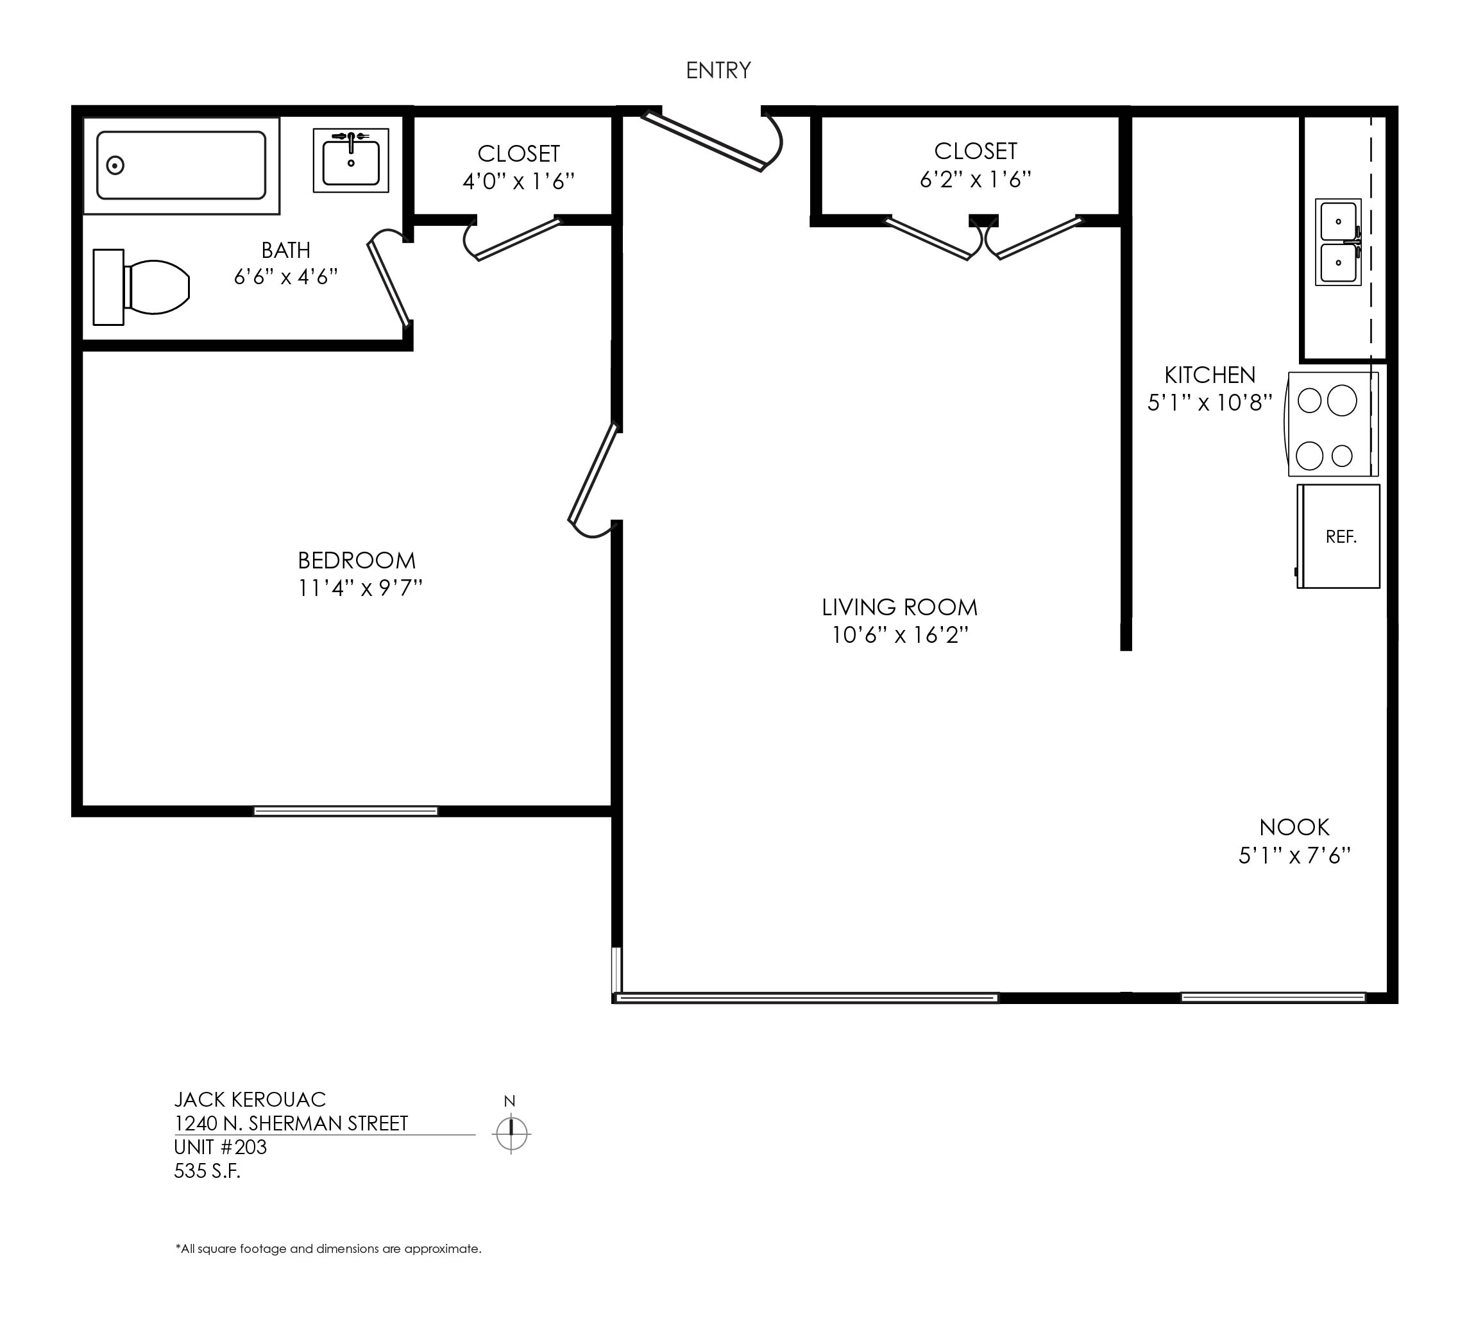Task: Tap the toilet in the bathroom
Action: [141, 287]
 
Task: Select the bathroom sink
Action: [351, 160]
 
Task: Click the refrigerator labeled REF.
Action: [1338, 536]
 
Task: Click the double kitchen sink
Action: [1338, 242]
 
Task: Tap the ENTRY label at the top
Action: [718, 71]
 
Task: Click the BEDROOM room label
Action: [357, 560]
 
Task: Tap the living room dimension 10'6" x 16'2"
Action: [900, 635]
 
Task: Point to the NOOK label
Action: [1294, 828]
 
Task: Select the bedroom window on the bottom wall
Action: [346, 811]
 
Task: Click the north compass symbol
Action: [512, 1133]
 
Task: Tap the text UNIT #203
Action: [221, 1148]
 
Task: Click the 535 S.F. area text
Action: [207, 1171]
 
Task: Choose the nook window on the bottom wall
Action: [1273, 997]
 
